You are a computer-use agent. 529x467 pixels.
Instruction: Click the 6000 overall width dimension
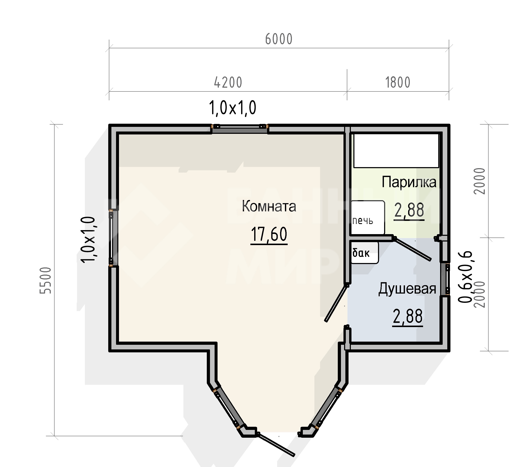(279, 39)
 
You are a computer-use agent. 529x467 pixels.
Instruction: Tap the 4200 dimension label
(228, 83)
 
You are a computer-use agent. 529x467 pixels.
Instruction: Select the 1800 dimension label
(398, 83)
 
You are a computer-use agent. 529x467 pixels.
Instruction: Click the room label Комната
(269, 207)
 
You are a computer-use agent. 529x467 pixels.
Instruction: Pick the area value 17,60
(269, 234)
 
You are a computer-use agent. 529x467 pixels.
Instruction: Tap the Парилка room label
(409, 182)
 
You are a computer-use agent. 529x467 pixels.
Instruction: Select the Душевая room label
(407, 289)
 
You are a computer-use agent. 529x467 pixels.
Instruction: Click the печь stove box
(367, 217)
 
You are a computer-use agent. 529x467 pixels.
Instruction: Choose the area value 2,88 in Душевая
(408, 316)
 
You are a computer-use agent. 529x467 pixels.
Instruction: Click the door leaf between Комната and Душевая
(336, 303)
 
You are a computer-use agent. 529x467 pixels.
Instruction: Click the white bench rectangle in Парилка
(396, 150)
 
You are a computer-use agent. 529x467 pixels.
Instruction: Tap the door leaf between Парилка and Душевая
(412, 249)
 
